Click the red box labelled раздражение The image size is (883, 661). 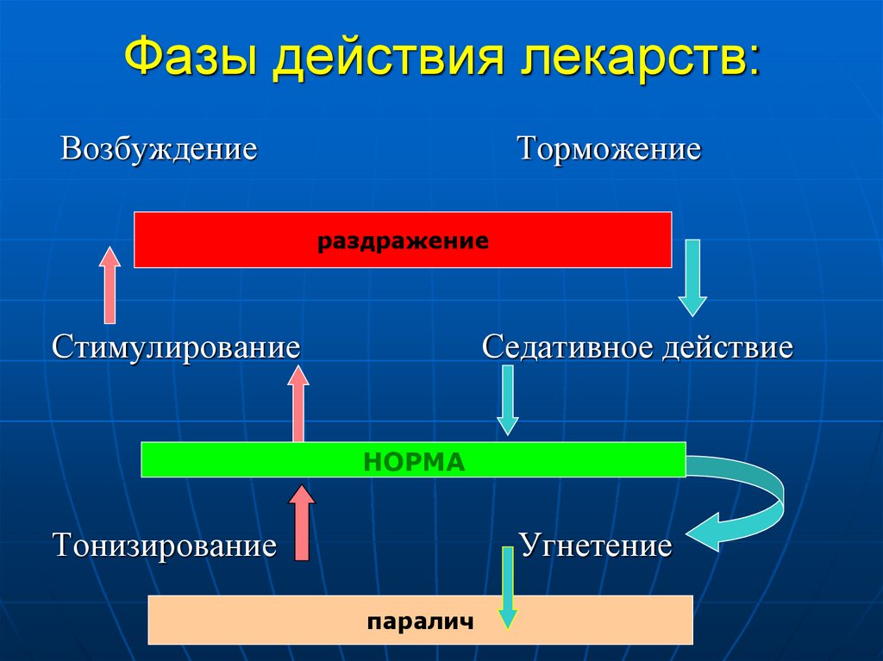tap(403, 240)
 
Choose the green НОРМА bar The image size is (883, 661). tap(413, 460)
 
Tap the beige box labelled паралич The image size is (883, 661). tap(420, 620)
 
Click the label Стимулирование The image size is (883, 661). tap(176, 348)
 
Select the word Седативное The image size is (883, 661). tap(567, 348)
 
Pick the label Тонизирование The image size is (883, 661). tap(165, 546)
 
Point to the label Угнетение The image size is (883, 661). tap(595, 546)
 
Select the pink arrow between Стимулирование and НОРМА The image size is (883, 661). tap(298, 403)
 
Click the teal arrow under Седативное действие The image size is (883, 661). tap(508, 399)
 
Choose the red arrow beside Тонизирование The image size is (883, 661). tap(301, 522)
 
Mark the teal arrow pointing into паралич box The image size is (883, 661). tap(508, 588)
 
